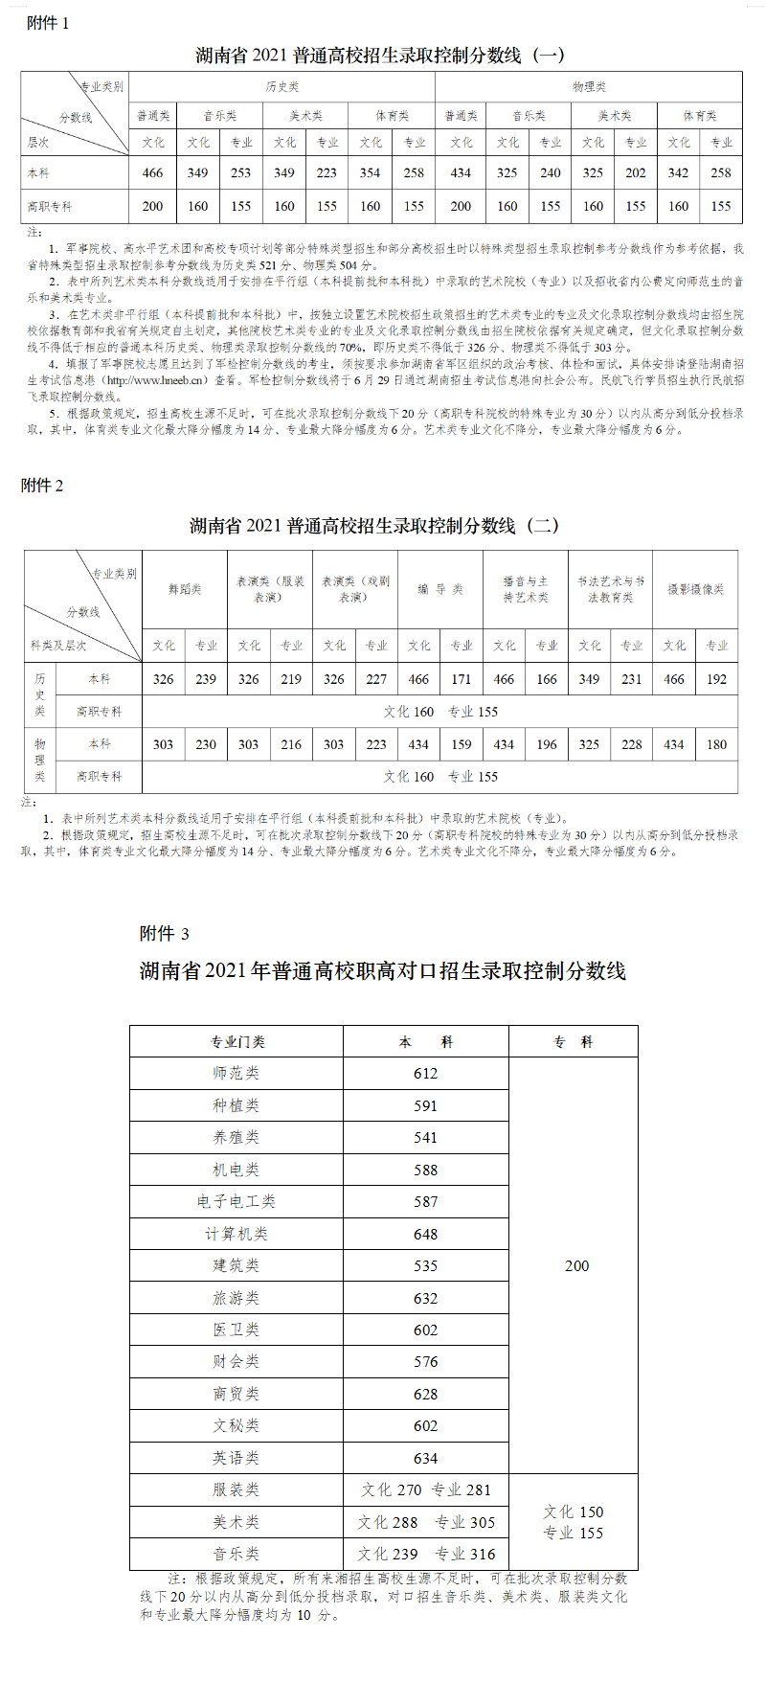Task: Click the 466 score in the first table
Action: point(152,173)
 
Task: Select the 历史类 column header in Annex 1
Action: point(282,87)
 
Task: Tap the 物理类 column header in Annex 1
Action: point(589,87)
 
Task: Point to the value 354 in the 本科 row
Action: point(371,173)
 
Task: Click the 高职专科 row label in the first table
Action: point(50,206)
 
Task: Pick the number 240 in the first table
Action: point(551,173)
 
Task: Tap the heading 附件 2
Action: point(42,486)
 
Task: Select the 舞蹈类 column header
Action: point(185,589)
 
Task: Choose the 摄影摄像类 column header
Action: point(695,589)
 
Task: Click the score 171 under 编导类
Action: point(462,679)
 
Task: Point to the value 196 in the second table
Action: point(547,744)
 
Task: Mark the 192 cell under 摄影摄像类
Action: point(717,679)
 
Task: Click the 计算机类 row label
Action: point(237,1234)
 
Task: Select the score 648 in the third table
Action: point(426,1234)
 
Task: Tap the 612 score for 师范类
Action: point(426,1074)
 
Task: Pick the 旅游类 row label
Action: point(237,1298)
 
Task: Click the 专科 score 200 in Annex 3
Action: point(577,1266)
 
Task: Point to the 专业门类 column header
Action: point(237,1041)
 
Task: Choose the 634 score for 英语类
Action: point(426,1458)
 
